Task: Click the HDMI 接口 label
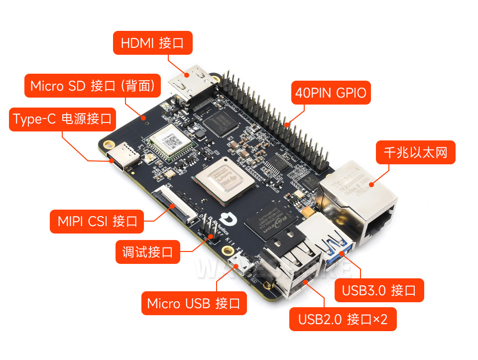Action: (153, 43)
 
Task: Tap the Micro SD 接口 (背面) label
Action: (93, 86)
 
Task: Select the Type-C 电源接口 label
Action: (62, 120)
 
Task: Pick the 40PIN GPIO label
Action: (331, 93)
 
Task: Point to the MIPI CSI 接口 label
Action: (97, 221)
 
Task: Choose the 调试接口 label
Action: (147, 252)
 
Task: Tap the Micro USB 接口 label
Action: (194, 303)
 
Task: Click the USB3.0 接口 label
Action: (378, 290)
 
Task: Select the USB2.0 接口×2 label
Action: (343, 319)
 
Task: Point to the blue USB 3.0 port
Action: (339, 248)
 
